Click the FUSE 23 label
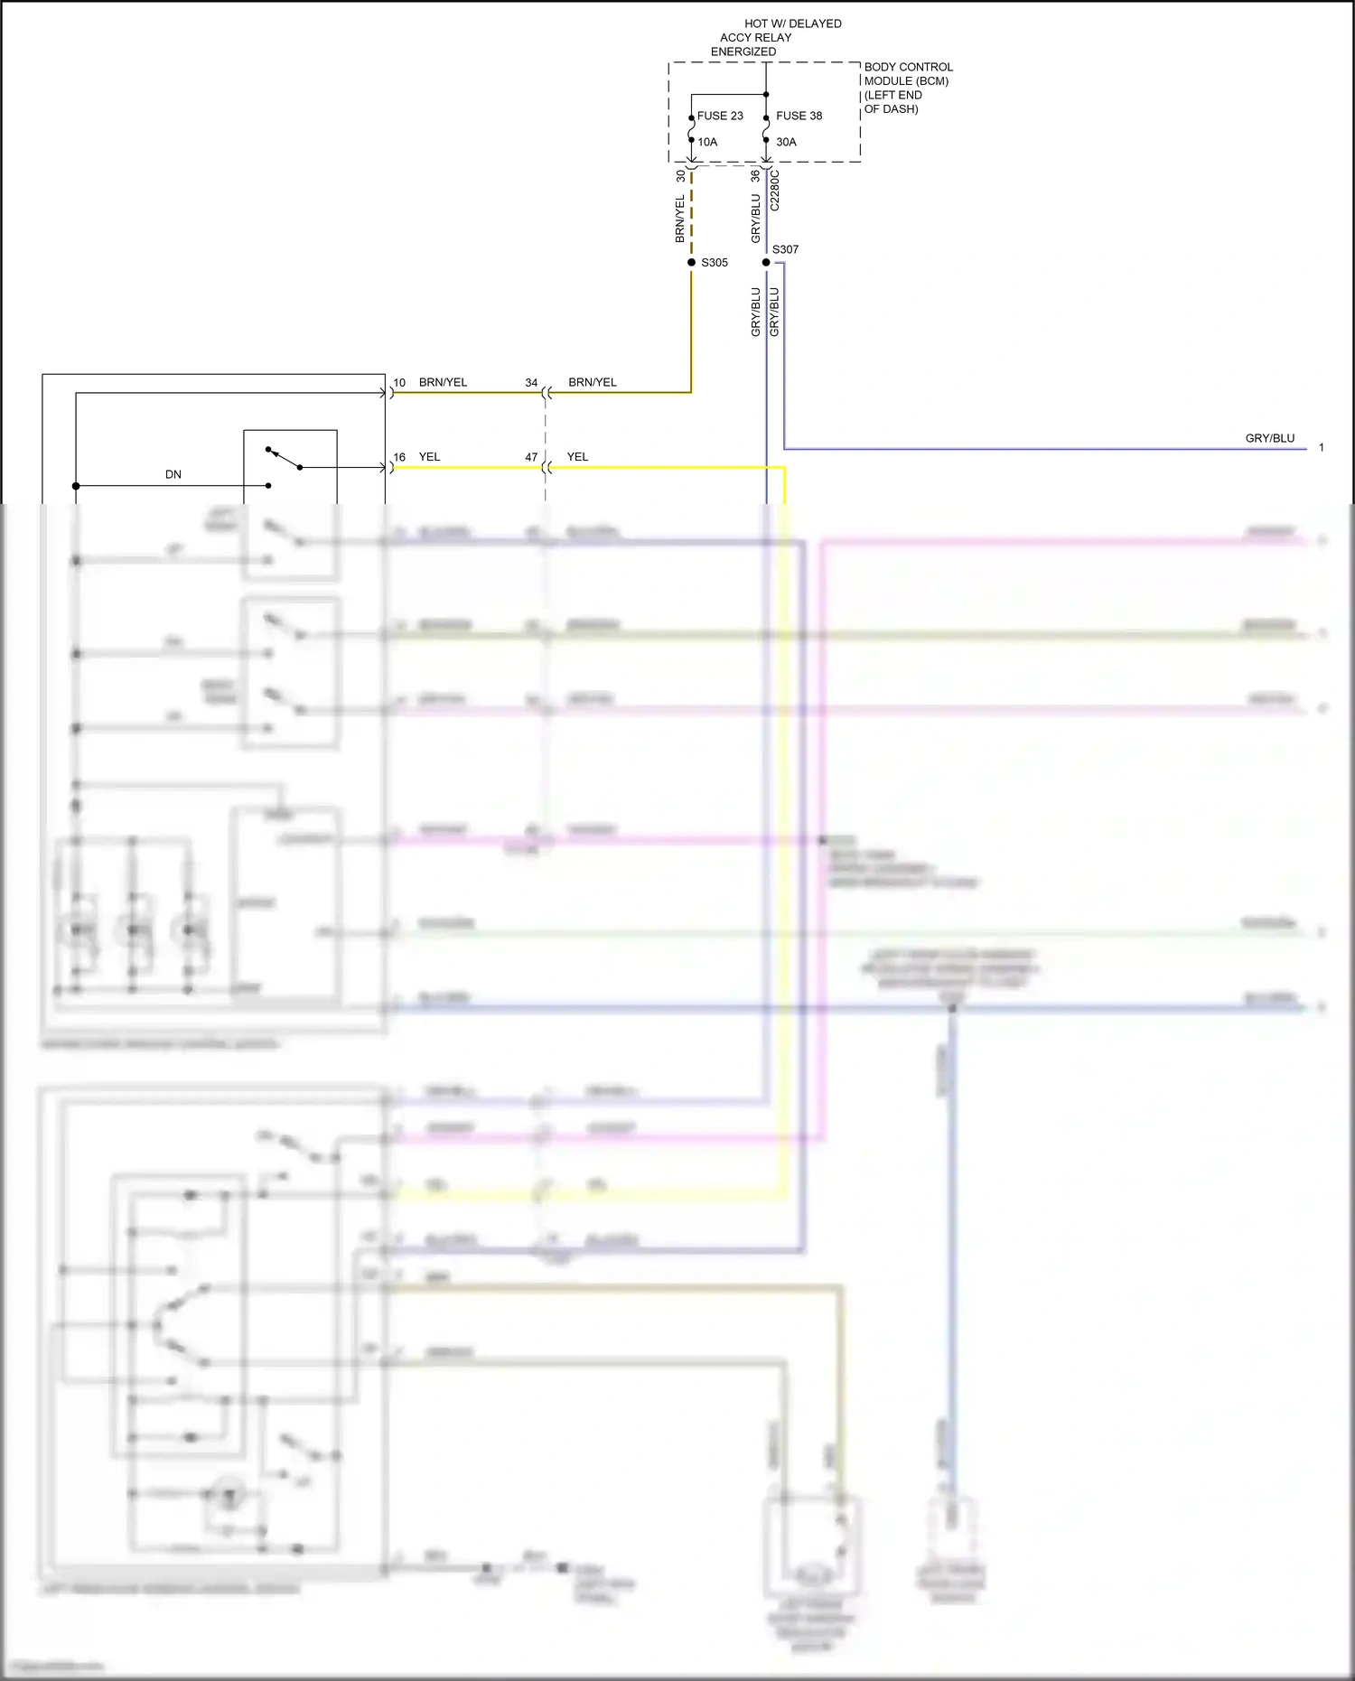[720, 116]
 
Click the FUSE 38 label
[799, 116]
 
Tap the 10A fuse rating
[707, 142]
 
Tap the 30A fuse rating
[786, 142]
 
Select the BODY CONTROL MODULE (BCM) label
[908, 74]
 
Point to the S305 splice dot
[692, 262]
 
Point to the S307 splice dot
[766, 262]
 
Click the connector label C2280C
[775, 191]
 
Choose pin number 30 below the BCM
[681, 176]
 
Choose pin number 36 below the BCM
[755, 176]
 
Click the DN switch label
[173, 474]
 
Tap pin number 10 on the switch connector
[399, 383]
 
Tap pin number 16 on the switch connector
[399, 457]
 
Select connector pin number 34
[531, 383]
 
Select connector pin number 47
[531, 457]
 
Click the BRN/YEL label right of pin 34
[593, 383]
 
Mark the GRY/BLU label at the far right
[1270, 438]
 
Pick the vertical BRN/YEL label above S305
[680, 219]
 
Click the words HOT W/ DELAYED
[793, 23]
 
